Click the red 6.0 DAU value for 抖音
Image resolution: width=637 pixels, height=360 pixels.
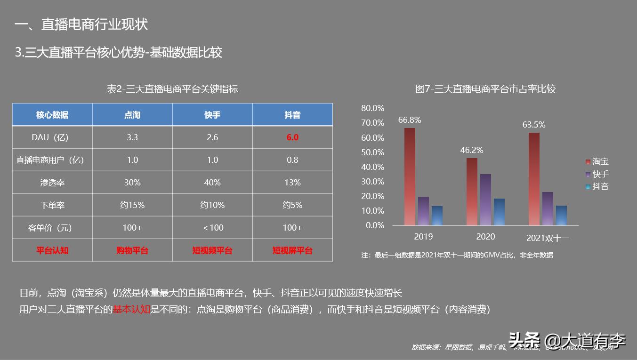[292, 137]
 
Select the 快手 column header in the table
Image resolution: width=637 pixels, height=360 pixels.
[212, 115]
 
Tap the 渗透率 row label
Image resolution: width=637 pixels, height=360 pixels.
[52, 183]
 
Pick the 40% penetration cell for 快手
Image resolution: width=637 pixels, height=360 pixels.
[212, 183]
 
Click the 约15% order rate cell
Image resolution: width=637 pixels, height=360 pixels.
[132, 205]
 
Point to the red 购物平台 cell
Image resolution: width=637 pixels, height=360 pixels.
[132, 250]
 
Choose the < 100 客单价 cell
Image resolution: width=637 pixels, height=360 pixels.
[212, 228]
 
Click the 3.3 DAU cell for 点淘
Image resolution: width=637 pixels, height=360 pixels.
[132, 137]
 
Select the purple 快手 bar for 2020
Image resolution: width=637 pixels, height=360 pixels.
[485, 200]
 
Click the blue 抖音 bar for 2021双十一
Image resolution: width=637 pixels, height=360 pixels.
[561, 215]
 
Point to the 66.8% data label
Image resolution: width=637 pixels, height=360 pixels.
[410, 120]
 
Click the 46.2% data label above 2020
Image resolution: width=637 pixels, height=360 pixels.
[471, 150]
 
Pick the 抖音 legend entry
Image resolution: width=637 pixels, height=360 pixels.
[597, 187]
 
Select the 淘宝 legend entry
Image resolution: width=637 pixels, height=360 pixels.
[597, 162]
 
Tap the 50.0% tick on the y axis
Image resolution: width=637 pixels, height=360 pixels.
[373, 152]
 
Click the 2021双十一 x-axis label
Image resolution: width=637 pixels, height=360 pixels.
[547, 238]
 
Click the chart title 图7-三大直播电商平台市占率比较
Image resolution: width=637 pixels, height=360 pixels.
[485, 89]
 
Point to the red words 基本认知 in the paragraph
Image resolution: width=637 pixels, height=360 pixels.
[131, 309]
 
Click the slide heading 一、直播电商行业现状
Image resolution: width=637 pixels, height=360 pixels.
[81, 24]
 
